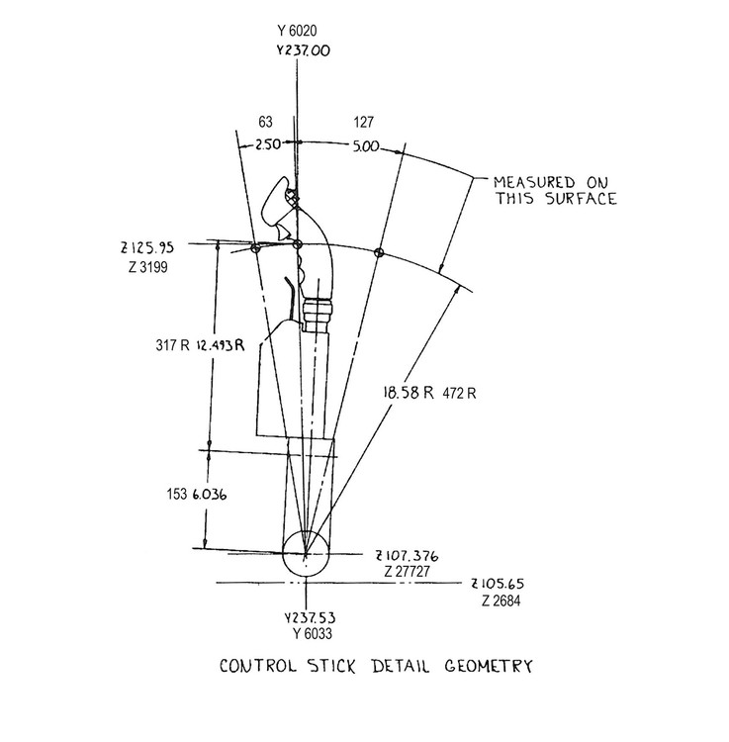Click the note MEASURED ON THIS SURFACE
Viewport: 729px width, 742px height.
(x=555, y=190)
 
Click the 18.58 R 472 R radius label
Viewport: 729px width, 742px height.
(x=430, y=392)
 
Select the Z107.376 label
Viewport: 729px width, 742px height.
(x=407, y=555)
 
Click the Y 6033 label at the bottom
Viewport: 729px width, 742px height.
(x=307, y=634)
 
